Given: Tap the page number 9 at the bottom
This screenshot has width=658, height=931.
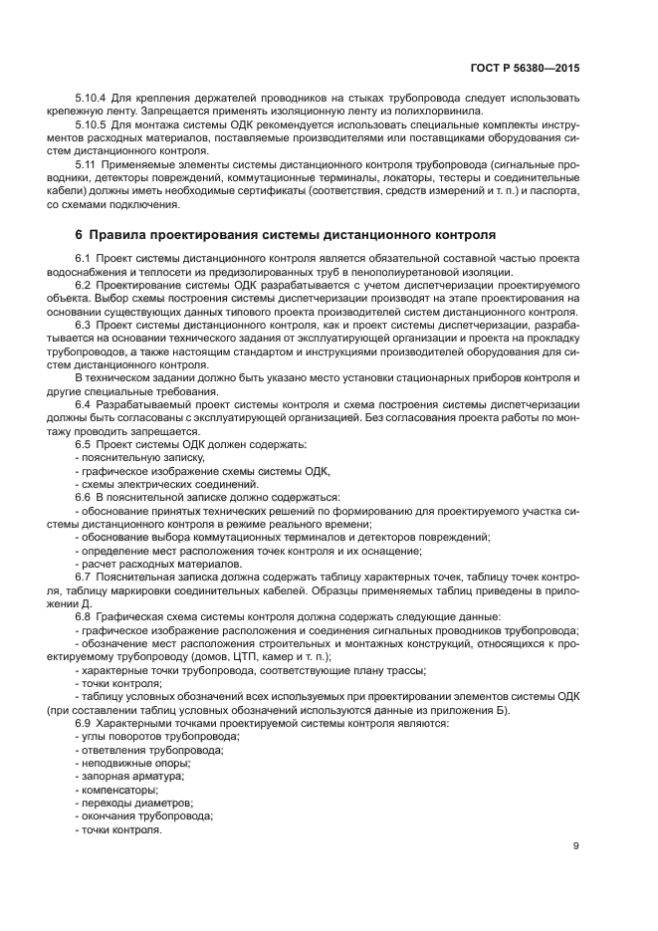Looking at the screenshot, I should pyautogui.click(x=577, y=846).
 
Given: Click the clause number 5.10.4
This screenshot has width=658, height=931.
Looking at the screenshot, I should pyautogui.click(x=91, y=99).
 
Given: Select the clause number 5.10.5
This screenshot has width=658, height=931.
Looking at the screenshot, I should pyautogui.click(x=91, y=124).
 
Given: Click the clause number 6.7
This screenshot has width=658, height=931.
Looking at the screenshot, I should pyautogui.click(x=83, y=576).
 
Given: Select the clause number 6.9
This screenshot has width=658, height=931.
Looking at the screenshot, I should pyautogui.click(x=83, y=723).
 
